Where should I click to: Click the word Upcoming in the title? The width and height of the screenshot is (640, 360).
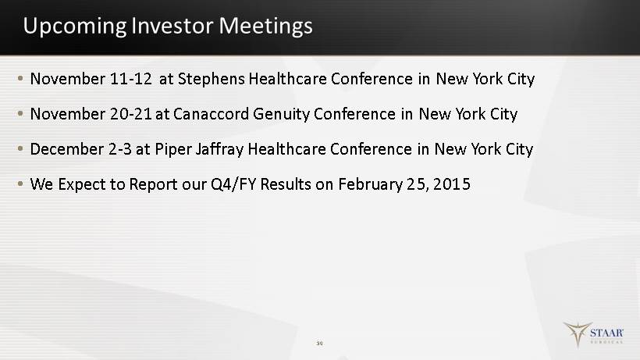(75, 27)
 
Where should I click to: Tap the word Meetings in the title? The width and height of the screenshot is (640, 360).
(265, 27)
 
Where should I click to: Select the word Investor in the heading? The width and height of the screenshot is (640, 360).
(172, 25)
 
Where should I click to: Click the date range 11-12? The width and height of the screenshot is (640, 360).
(131, 79)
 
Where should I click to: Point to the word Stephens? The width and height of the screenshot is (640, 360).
(212, 79)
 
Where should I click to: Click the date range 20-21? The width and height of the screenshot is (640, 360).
(131, 114)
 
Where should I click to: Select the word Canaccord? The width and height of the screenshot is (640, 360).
(211, 114)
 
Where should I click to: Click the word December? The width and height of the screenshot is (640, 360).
(67, 149)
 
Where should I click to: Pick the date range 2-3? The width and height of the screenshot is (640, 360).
(120, 149)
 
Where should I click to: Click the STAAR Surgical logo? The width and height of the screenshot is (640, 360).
(593, 334)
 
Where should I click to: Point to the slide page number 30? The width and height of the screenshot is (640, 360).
(319, 344)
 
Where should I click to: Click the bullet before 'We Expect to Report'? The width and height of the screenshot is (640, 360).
(20, 184)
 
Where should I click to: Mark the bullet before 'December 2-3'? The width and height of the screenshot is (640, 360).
(20, 149)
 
